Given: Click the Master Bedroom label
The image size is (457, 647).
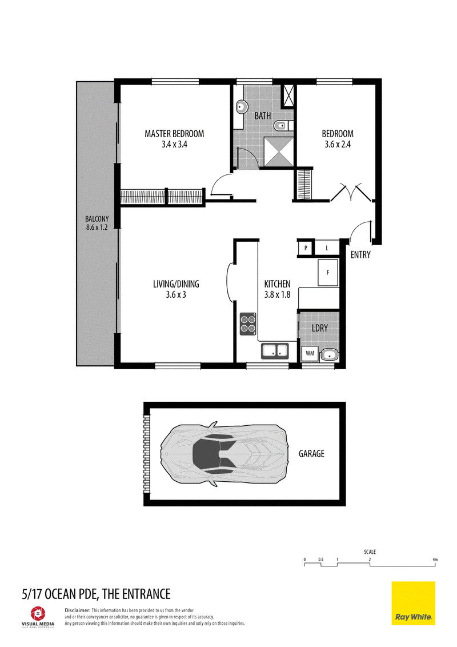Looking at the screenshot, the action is pyautogui.click(x=174, y=134).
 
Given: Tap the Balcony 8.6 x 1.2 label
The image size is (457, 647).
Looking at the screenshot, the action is pyautogui.click(x=97, y=223).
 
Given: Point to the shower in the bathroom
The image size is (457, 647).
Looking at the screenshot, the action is pyautogui.click(x=279, y=151).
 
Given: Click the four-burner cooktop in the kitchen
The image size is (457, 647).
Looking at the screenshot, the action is pyautogui.click(x=248, y=323).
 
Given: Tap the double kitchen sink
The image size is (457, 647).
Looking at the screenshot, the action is pyautogui.click(x=275, y=351).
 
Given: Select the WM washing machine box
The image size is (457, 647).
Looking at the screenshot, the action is pyautogui.click(x=310, y=354).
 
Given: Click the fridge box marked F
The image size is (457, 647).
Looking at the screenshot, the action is pyautogui.click(x=328, y=272).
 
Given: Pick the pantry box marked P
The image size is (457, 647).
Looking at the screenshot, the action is pyautogui.click(x=306, y=248).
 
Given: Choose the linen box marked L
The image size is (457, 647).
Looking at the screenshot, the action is pyautogui.click(x=327, y=248).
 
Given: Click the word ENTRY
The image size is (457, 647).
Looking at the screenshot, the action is pyautogui.click(x=360, y=254).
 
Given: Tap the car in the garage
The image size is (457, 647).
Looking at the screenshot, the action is pyautogui.click(x=224, y=454).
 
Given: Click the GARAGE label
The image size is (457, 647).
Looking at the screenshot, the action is pyautogui.click(x=311, y=454).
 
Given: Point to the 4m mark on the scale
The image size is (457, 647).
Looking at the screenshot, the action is pyautogui.click(x=435, y=560).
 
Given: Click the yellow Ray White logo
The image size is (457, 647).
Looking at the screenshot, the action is pyautogui.click(x=413, y=603).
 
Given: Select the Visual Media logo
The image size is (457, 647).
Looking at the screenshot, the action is pyautogui.click(x=38, y=617).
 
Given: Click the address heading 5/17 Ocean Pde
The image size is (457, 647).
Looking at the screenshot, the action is pyautogui.click(x=96, y=594).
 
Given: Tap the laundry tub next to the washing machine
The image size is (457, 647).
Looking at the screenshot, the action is pyautogui.click(x=329, y=354).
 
